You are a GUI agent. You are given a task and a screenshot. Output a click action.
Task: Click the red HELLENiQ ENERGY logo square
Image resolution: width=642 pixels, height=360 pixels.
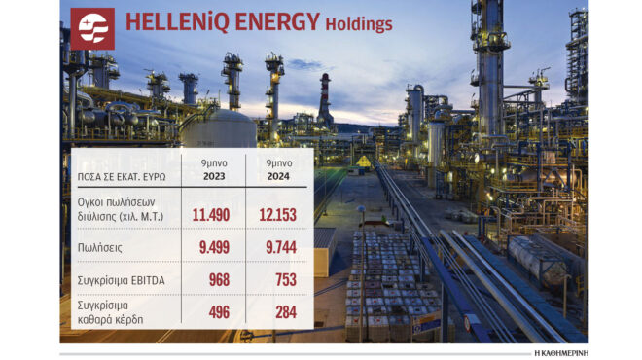[x=91, y=29]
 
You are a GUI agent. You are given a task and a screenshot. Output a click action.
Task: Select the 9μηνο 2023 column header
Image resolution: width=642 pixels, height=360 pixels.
[x=214, y=167]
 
